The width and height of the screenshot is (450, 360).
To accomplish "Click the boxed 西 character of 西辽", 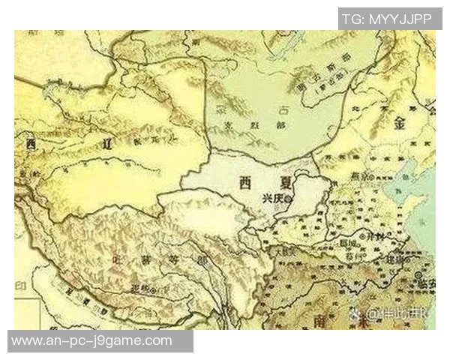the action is pyautogui.click(x=30, y=142).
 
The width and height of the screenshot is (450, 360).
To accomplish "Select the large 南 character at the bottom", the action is pyautogui.click(x=323, y=320).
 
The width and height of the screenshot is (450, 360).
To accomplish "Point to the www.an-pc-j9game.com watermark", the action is pyautogui.click(x=91, y=341).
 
